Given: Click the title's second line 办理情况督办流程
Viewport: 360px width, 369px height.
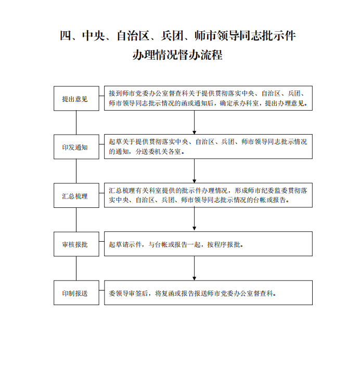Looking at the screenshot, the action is tap(177, 55).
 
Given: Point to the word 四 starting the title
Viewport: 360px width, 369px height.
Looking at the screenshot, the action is tap(65, 36).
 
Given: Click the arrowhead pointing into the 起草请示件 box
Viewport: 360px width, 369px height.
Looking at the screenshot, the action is tap(195, 229).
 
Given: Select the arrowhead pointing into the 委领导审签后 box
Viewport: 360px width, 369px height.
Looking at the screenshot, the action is tap(195, 279).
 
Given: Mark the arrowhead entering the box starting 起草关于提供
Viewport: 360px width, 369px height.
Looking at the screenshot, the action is tap(195, 133).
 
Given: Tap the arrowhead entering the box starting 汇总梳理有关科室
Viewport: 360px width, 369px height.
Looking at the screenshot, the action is tap(195, 181).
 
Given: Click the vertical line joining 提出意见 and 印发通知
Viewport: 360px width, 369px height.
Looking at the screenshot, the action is tap(76, 123).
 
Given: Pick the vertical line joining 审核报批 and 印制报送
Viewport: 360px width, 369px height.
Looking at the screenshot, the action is tap(76, 268).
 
